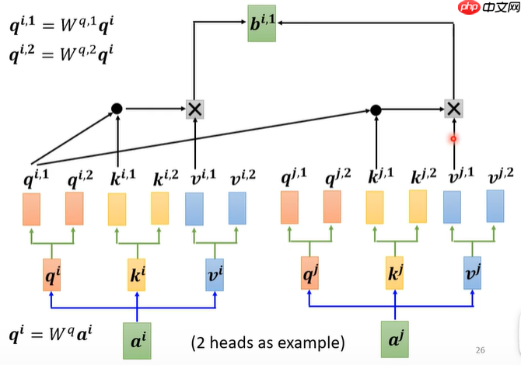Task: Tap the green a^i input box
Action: click(x=138, y=339)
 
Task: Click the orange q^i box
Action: click(x=51, y=275)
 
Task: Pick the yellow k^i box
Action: click(x=138, y=275)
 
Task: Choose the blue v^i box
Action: click(x=215, y=275)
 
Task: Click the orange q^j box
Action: click(x=309, y=275)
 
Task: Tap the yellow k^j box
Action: click(x=396, y=275)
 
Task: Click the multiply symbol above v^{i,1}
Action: click(x=194, y=109)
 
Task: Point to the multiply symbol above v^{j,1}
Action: click(x=453, y=109)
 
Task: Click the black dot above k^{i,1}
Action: click(x=117, y=109)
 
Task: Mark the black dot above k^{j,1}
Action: click(x=376, y=109)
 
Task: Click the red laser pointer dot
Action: click(x=453, y=139)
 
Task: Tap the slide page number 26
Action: click(x=480, y=349)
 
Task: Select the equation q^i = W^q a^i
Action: click(x=51, y=336)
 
